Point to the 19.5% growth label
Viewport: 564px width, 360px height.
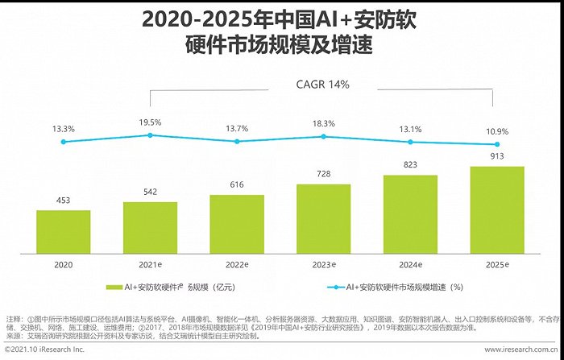click(150, 122)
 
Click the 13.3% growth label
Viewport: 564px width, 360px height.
click(64, 129)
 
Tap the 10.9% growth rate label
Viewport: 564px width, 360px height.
click(497, 130)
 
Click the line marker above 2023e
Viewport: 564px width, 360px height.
click(323, 137)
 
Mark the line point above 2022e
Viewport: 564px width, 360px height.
click(237, 141)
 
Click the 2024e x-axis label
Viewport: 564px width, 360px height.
click(411, 264)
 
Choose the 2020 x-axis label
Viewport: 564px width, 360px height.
click(63, 264)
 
